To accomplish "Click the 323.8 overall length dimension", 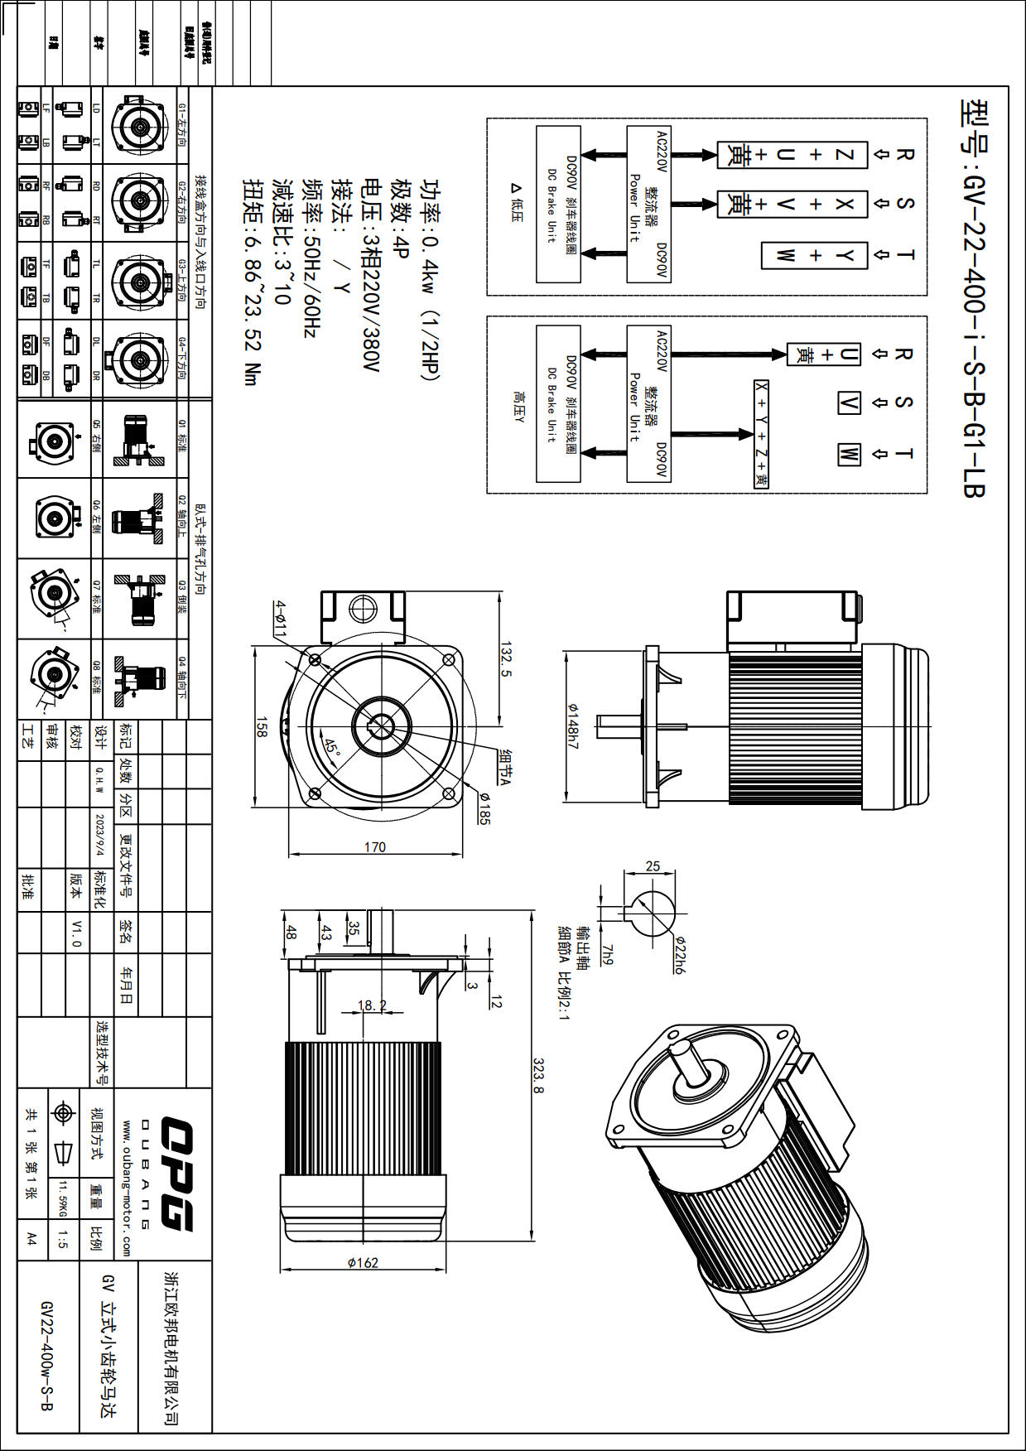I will (538, 1075).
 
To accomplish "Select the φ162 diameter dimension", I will (363, 1262).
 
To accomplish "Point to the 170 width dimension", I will (375, 846).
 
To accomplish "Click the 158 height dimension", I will (262, 727).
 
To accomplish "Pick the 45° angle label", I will (332, 747).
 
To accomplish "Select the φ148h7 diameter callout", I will (573, 726).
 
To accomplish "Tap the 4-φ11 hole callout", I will (281, 619).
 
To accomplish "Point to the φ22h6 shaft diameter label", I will (680, 953).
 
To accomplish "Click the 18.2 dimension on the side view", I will (372, 1005).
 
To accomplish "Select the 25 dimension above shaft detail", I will (653, 866).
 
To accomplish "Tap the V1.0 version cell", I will (77, 933).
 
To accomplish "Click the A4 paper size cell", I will (31, 1239).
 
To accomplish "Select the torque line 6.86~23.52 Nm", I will (252, 282).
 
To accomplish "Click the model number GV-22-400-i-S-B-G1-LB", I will (974, 298).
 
